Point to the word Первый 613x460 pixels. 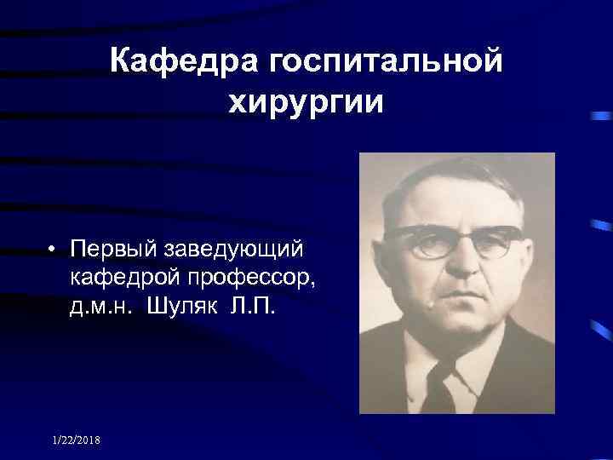click(114, 250)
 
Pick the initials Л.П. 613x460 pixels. click(253, 304)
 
